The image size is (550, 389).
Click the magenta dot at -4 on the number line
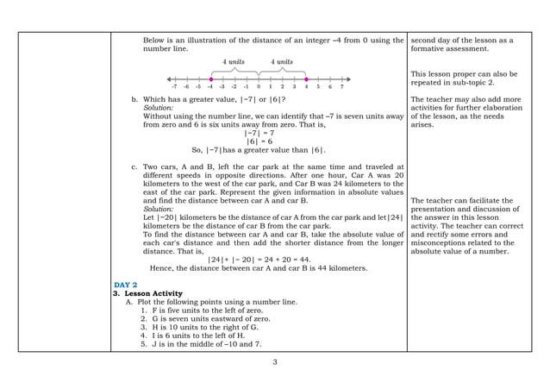pyautogui.click(x=210, y=78)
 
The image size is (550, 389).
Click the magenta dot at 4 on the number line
pyautogui.click(x=306, y=78)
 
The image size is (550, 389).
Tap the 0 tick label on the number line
pyautogui.click(x=258, y=87)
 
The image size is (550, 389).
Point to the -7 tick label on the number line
pyautogui.click(x=174, y=87)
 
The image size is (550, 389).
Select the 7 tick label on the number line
pyautogui.click(x=341, y=87)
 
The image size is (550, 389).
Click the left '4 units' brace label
pyautogui.click(x=234, y=62)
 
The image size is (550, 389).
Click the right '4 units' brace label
pyautogui.click(x=282, y=62)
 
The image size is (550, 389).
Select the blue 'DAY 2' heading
pyautogui.click(x=126, y=285)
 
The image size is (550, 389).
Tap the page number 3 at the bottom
pyautogui.click(x=275, y=361)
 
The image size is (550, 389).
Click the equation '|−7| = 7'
pyautogui.click(x=259, y=133)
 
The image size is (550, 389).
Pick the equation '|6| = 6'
pyautogui.click(x=259, y=141)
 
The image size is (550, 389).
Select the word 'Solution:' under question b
pyautogui.click(x=158, y=108)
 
